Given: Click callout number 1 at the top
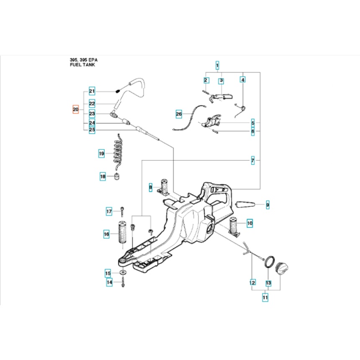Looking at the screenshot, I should coord(217,65).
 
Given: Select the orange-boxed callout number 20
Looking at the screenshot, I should coord(75,110).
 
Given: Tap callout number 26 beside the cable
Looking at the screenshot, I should coord(179,113).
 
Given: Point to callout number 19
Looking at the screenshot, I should coord(101,154).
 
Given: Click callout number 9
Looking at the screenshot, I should coord(267,205).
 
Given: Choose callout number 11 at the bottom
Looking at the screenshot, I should coord(265,297).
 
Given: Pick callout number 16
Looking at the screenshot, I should coord(107,234).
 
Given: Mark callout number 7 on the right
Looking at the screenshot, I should coord(253,160).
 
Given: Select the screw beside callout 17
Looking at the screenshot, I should coord(122,211).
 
